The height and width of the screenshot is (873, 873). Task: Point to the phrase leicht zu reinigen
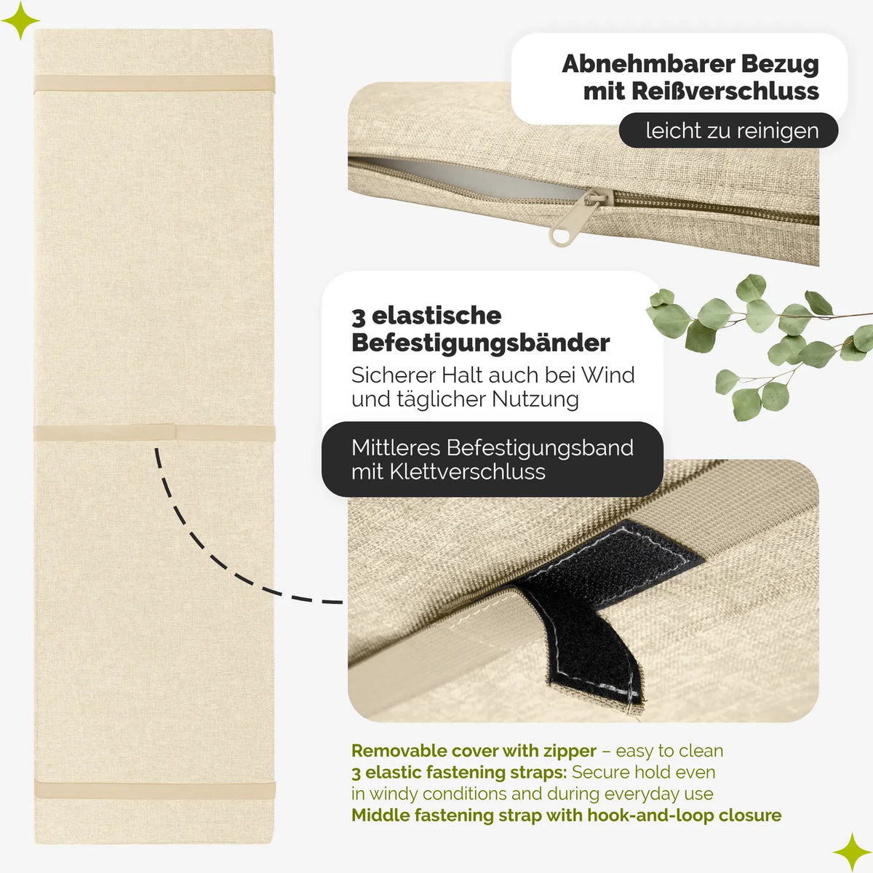tap(732, 130)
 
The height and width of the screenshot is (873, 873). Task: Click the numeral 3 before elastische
tap(359, 317)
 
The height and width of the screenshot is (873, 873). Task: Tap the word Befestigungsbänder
tap(481, 343)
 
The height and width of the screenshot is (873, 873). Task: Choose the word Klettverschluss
tap(467, 471)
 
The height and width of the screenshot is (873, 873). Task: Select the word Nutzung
tap(535, 399)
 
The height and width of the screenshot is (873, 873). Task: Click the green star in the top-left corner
tap(20, 20)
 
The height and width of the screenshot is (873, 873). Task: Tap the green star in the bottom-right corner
tap(852, 852)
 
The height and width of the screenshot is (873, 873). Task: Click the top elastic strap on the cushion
tap(154, 84)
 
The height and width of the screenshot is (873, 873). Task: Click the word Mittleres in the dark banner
tap(396, 447)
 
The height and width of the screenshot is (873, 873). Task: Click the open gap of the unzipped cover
tap(471, 177)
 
